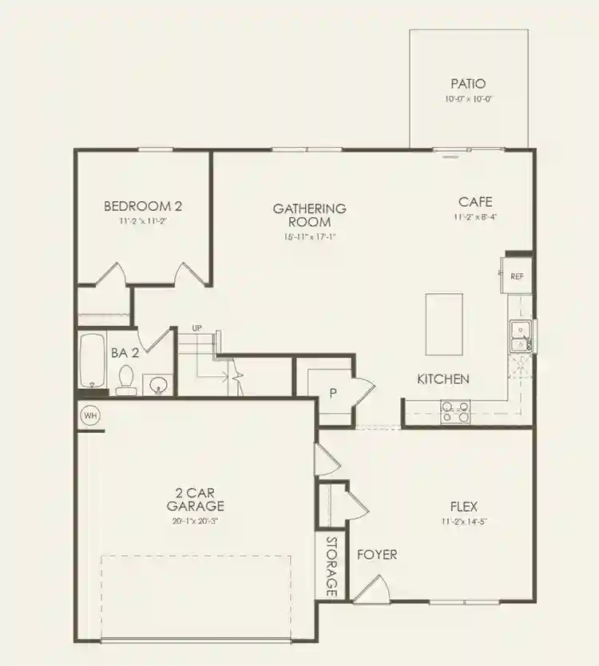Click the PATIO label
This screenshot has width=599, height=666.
coord(468,84)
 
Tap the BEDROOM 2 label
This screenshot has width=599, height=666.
coord(137,207)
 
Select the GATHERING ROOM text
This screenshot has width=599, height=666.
coord(310,215)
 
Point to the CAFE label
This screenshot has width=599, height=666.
coord(475,202)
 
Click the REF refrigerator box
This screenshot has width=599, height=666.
coord(518,276)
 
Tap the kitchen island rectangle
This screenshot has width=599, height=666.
coord(444,323)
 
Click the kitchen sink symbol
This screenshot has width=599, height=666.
coord(519,336)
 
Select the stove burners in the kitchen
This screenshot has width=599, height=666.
coord(455,411)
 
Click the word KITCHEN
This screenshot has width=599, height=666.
coord(443,379)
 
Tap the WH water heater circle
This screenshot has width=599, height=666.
coord(89,416)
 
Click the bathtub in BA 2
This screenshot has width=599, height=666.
coord(93,363)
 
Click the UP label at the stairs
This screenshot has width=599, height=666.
coord(196,328)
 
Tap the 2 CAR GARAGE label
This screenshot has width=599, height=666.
coord(195,499)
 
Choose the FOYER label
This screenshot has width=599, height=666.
coord(377,554)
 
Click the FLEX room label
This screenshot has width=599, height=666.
coord(464,506)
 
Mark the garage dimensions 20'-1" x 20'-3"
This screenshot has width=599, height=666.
coord(196,520)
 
